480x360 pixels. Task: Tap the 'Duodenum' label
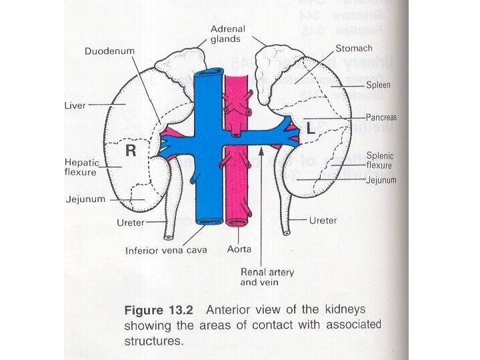pos(109,51)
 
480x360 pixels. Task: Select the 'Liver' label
pos(75,105)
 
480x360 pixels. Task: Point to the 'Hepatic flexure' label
pos(80,167)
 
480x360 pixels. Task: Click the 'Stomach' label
pos(353,49)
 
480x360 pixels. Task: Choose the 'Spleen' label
pos(378,85)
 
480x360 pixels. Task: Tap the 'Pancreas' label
pos(381,117)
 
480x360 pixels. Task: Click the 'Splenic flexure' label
pos(379,161)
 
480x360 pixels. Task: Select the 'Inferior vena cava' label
pos(166,251)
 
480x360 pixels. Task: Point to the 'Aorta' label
pos(239,251)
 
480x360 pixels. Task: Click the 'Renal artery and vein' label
pos(267,277)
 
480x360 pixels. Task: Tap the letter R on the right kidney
pos(131,151)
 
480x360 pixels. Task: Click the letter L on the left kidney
pos(311,129)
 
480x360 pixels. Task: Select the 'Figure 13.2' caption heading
pos(162,311)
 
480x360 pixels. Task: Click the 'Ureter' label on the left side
pos(131,223)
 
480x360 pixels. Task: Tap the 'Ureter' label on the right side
pos(323,220)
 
